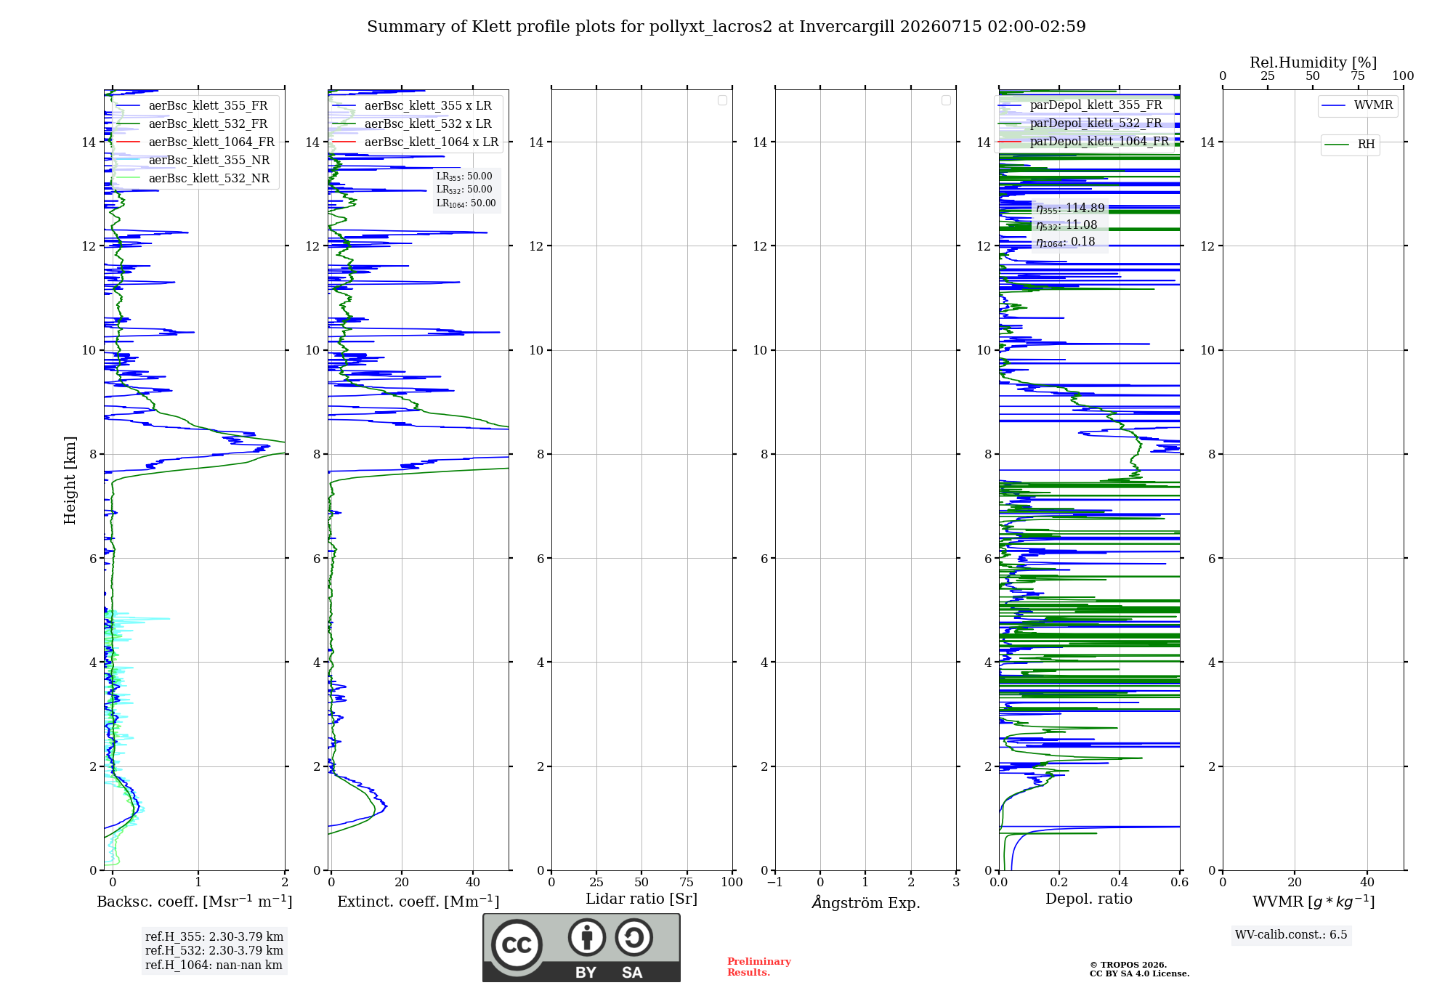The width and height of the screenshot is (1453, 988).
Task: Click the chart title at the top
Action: [x=726, y=27]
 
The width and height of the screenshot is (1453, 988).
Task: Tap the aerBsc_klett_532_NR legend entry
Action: [x=193, y=178]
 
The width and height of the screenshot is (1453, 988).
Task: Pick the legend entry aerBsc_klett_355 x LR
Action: [x=412, y=105]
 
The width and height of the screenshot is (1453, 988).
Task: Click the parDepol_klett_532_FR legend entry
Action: [x=1080, y=123]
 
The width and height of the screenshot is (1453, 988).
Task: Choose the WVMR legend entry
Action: [x=1357, y=105]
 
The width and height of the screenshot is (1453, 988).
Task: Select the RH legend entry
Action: [x=1350, y=144]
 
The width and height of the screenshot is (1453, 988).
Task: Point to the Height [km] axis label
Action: [x=70, y=480]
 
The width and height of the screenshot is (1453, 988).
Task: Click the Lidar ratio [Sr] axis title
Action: [x=641, y=899]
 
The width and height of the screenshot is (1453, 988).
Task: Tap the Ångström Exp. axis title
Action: [x=865, y=902]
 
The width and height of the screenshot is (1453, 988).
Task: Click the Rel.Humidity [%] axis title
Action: [x=1313, y=62]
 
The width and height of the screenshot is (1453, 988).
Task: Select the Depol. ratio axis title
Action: [x=1088, y=899]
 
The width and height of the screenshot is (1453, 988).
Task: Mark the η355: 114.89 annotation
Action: [x=1070, y=208]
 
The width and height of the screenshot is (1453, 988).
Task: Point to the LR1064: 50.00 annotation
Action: [x=466, y=203]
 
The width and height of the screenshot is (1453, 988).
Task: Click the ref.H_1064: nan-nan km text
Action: [x=214, y=965]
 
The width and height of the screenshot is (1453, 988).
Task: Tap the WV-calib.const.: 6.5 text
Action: [x=1291, y=934]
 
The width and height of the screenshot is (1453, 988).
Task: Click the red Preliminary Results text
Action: [x=758, y=967]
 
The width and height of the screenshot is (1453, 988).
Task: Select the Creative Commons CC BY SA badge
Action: [x=581, y=947]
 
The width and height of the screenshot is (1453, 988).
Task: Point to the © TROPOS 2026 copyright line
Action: [x=1128, y=965]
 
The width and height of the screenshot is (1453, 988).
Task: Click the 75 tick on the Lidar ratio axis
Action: [x=687, y=882]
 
